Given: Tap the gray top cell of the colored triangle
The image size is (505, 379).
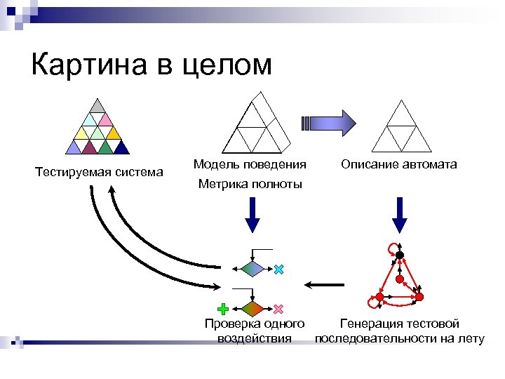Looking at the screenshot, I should pyautogui.click(x=99, y=106).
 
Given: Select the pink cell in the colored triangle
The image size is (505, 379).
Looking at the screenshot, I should pyautogui.click(x=106, y=119).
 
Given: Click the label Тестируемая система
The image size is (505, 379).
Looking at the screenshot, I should pyautogui.click(x=99, y=172).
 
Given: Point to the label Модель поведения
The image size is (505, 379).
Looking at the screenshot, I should pyautogui.click(x=250, y=164).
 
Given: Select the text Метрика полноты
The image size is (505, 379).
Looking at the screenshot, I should pyautogui.click(x=250, y=185).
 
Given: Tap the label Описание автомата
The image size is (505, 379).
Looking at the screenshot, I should pyautogui.click(x=399, y=164).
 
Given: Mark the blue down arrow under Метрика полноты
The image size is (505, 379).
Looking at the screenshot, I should pyautogui.click(x=253, y=215).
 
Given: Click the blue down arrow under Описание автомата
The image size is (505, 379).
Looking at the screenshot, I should pyautogui.click(x=399, y=215).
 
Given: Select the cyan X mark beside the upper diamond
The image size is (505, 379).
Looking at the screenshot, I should pyautogui.click(x=279, y=270).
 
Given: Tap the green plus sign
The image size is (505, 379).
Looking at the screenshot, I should pyautogui.click(x=223, y=309).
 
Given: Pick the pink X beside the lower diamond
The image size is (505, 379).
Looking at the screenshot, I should pyautogui.click(x=278, y=309).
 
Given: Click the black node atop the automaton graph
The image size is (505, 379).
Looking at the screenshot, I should pyautogui.click(x=399, y=255).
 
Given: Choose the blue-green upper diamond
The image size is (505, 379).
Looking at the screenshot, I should pyautogui.click(x=253, y=269).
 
